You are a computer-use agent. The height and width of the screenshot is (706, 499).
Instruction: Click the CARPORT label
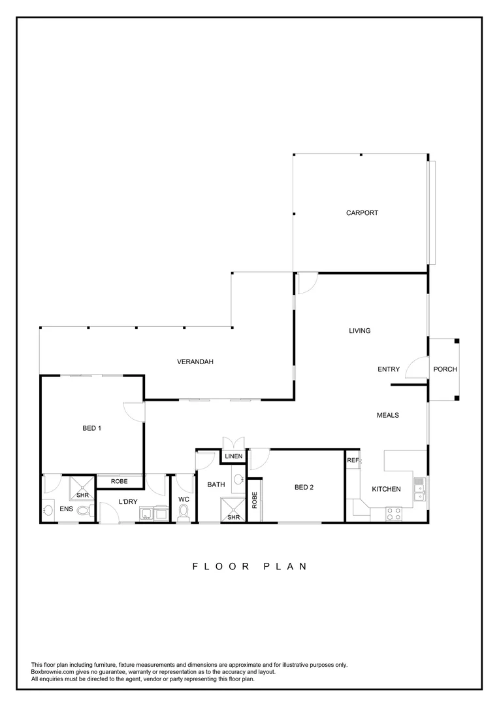(362, 212)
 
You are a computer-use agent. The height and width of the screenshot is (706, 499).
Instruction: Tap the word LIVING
(359, 331)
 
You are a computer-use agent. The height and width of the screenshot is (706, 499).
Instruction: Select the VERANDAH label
(196, 361)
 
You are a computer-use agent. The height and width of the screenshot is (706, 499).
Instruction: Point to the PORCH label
(445, 369)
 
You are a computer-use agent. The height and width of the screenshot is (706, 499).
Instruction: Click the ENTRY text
(389, 369)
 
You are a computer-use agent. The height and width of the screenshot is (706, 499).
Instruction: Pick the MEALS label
(388, 415)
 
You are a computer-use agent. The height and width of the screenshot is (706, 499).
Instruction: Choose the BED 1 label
(92, 429)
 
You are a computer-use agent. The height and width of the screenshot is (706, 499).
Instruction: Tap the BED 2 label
(305, 487)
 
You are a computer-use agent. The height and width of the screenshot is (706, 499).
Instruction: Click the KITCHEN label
(386, 489)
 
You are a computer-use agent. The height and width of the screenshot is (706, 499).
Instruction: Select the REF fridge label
(353, 460)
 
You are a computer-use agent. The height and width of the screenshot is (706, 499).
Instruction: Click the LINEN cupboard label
(234, 456)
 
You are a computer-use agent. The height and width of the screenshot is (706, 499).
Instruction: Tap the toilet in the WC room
(184, 511)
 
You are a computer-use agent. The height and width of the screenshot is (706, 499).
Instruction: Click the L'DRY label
(127, 501)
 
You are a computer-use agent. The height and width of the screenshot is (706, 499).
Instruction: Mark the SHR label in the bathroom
(233, 517)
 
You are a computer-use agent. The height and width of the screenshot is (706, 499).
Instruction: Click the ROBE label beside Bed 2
(255, 500)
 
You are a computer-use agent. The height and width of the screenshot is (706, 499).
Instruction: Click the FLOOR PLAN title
(249, 566)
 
